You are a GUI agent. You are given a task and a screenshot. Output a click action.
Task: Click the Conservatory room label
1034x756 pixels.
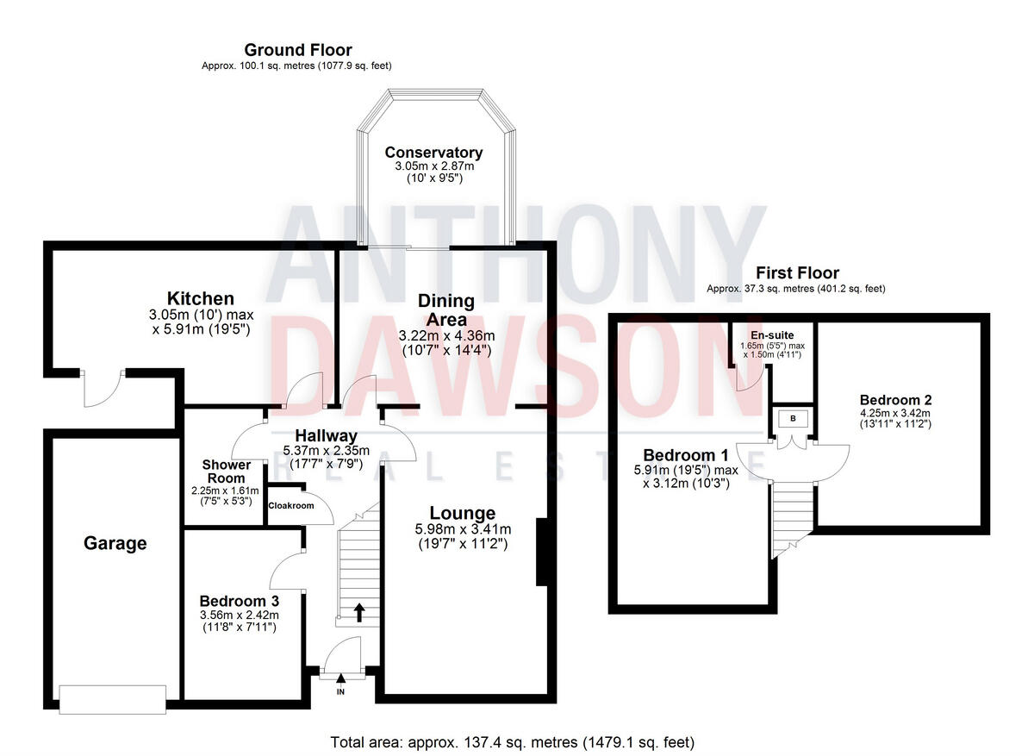click(x=433, y=153)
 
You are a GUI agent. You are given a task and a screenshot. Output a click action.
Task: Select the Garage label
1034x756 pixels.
click(x=115, y=543)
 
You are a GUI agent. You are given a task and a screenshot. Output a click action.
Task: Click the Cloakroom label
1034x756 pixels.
click(x=291, y=506)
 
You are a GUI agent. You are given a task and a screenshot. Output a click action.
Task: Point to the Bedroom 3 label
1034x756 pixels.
click(x=239, y=600)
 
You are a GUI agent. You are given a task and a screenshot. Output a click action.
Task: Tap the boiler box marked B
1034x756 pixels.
click(x=791, y=419)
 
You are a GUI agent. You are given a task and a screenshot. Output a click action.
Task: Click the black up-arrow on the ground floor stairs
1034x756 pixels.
click(x=358, y=612)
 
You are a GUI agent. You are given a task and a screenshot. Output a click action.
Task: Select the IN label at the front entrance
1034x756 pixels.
click(x=340, y=691)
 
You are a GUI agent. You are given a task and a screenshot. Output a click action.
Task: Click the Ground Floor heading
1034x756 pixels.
click(x=297, y=50)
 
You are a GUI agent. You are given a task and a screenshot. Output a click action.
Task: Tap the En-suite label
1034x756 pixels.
click(x=772, y=334)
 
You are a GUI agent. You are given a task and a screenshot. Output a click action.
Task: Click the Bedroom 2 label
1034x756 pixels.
click(x=895, y=400)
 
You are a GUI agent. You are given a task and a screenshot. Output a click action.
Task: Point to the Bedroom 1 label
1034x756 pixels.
click(x=680, y=455)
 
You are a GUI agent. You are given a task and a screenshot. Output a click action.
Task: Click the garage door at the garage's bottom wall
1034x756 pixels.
click(x=112, y=698)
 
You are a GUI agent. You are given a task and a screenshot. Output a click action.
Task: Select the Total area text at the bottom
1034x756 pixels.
click(x=512, y=741)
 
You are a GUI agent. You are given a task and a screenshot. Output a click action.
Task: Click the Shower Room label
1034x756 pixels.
click(x=227, y=472)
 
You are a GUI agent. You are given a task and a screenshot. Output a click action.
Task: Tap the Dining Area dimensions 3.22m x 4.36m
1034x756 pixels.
click(x=446, y=334)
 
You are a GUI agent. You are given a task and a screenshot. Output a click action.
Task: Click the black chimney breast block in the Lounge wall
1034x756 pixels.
click(x=543, y=553)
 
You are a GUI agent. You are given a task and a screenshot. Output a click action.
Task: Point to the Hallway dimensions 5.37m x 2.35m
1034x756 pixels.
click(x=326, y=450)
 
